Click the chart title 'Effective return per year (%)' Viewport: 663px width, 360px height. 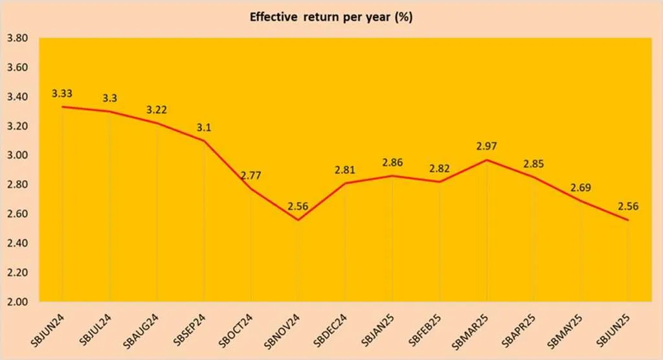click(331, 17)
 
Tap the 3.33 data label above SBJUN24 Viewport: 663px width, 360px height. click(62, 95)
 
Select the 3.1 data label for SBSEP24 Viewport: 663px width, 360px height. click(204, 128)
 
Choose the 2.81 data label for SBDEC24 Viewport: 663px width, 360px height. click(345, 170)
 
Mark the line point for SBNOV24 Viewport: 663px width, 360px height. click(298, 220)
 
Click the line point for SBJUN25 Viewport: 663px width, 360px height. click(627, 220)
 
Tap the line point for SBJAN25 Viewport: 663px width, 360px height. click(392, 176)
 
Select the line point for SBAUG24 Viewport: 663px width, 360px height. click(157, 123)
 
